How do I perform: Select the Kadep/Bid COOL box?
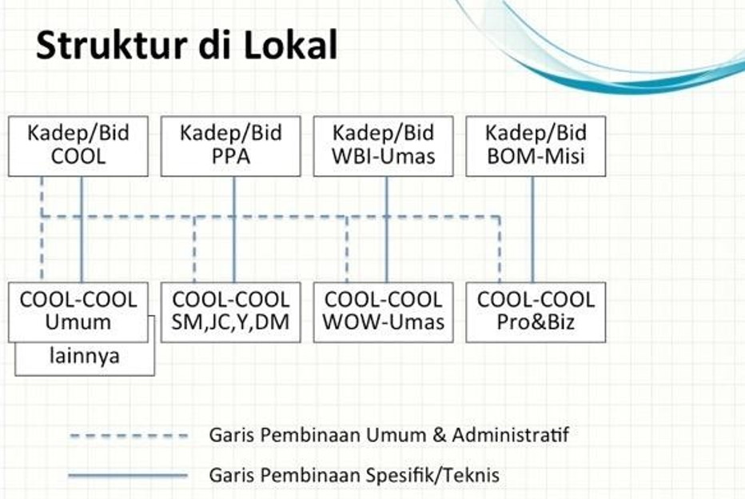(78, 146)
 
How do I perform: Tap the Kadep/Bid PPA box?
(230, 146)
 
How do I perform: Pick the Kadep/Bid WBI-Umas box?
(383, 146)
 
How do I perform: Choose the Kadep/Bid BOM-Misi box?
(536, 146)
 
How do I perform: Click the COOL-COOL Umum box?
(78, 312)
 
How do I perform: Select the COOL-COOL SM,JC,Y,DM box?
(230, 312)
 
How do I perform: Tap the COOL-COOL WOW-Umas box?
(383, 312)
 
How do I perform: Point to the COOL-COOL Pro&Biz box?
(536, 312)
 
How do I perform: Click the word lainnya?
(84, 356)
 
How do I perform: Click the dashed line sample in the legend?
(128, 437)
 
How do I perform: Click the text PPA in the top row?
(230, 156)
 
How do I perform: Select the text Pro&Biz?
(536, 323)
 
